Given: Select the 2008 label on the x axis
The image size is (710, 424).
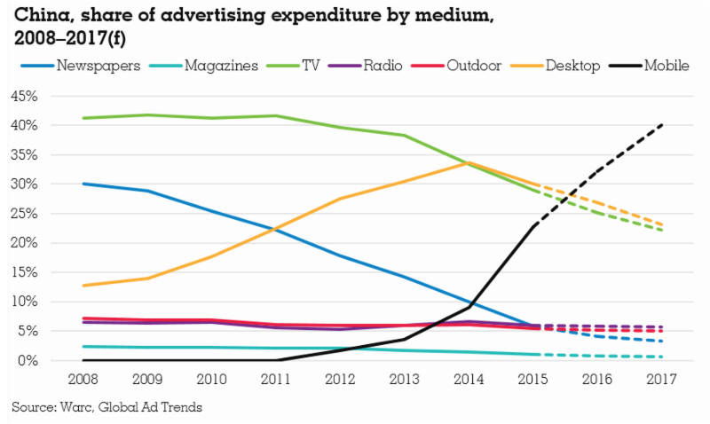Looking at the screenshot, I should [x=83, y=379].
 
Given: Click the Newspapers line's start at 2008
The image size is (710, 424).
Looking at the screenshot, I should [x=83, y=184].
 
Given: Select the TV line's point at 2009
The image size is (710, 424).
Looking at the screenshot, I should [x=147, y=114].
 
